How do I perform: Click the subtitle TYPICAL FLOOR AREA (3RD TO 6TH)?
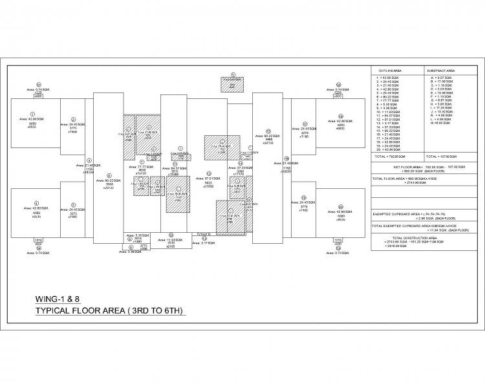point(110,311)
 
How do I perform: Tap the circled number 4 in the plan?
point(36,202)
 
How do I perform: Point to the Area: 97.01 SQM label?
point(208,178)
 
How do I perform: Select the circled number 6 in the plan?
point(109,174)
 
